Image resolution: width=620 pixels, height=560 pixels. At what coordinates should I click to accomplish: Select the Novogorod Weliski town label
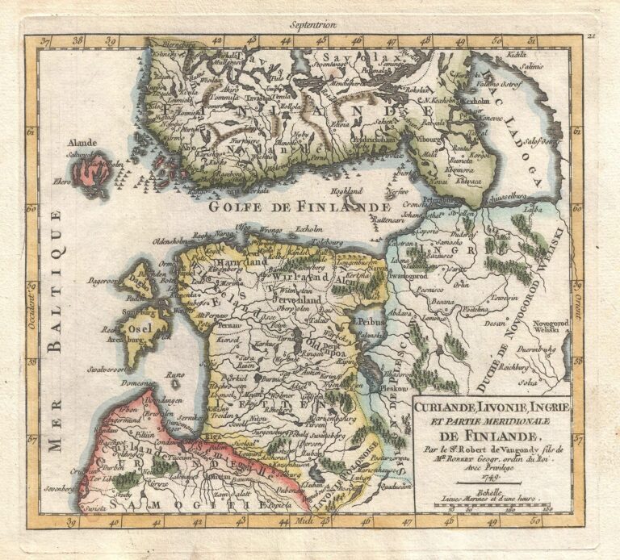[x=549, y=326]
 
